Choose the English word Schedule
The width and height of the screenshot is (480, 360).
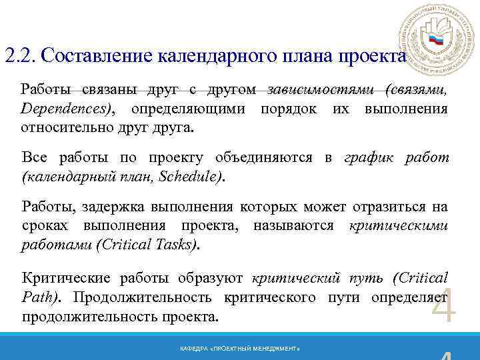click(193, 177)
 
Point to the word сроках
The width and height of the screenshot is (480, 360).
click(45, 225)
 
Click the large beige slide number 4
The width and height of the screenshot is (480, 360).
click(444, 306)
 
